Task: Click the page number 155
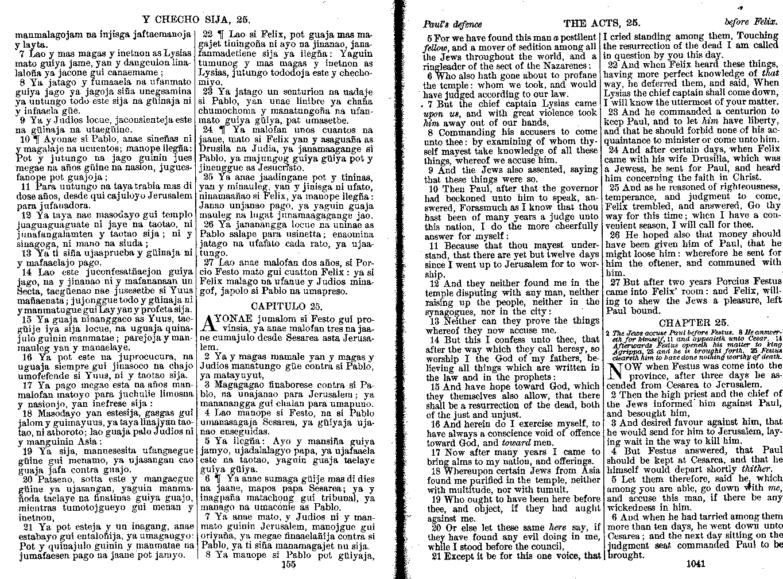pos(288,564)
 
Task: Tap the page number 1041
pos(695,564)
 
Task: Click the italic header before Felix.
pos(753,24)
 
